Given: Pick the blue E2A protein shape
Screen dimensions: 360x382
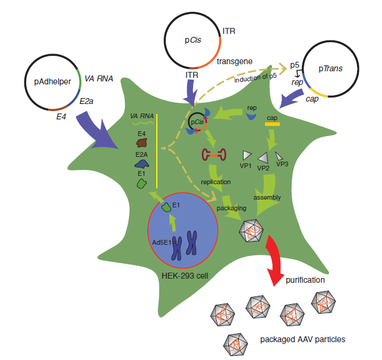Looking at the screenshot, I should [142, 162].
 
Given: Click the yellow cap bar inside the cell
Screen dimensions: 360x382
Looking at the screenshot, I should [273, 124].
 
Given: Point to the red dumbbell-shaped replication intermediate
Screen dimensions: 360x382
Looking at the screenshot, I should [216, 156].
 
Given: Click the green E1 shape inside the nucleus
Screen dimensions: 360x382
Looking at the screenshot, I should [167, 207].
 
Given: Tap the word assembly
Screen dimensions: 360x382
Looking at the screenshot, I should [267, 197].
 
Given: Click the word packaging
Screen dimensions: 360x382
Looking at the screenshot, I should [230, 209].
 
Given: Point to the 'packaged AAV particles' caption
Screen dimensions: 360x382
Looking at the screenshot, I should [302, 340].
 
